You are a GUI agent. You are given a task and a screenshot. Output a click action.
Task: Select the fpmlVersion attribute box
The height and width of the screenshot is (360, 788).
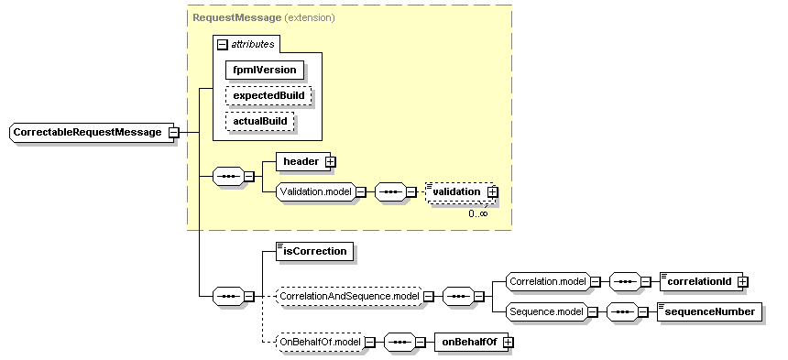(x=265, y=69)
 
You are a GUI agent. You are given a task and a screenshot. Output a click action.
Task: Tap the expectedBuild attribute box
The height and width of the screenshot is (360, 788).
(x=268, y=95)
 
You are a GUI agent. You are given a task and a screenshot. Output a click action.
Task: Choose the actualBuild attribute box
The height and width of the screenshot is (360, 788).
(x=261, y=121)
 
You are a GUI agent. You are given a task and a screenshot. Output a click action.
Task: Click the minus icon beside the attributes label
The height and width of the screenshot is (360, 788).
(x=222, y=44)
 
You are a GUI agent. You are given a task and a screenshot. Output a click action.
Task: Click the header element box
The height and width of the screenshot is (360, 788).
(x=300, y=162)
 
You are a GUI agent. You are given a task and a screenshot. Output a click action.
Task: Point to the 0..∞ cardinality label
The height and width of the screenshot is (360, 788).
(x=477, y=213)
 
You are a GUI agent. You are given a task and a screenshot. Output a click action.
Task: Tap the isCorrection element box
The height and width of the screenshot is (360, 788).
(x=314, y=251)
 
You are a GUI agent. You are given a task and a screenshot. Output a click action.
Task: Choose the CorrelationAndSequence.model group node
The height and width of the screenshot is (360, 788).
(x=348, y=296)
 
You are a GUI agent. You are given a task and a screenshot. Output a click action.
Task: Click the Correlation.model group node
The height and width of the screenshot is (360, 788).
(x=541, y=281)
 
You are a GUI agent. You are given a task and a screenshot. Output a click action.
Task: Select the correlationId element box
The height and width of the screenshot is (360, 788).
(x=697, y=281)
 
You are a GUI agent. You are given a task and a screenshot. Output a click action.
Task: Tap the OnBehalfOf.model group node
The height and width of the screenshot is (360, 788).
(x=318, y=342)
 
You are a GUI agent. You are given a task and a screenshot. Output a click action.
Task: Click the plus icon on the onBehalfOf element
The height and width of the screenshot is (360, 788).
(x=507, y=342)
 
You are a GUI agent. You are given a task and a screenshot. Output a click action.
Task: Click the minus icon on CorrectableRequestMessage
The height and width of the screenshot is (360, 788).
(x=172, y=133)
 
